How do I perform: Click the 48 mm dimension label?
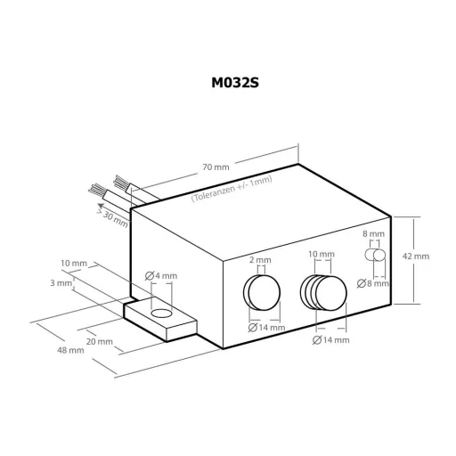pos(71,350)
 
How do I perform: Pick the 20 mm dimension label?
pos(99,341)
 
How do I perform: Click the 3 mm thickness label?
pos(62,282)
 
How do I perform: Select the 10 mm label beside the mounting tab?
pos(74,264)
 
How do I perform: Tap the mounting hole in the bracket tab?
pos(161,313)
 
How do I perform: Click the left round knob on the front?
pos(261,291)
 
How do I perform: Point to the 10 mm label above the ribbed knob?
pos(322,254)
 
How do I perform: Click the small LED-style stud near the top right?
pos(377,256)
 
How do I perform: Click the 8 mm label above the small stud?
pos(375,233)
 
